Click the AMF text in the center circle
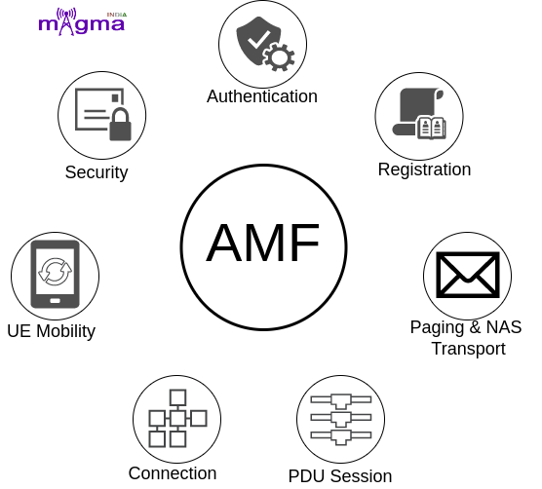pos(262,243)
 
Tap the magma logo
pos(82,21)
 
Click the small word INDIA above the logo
pos(116,15)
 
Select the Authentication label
pos(262,96)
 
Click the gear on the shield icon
pos(279,56)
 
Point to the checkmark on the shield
pos(258,39)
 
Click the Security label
pos(97,172)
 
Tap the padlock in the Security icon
pos(120,125)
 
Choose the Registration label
pos(424,169)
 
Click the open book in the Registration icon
pos(432,128)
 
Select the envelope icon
pos(468,275)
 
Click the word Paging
pos(437,327)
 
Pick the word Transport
pos(468,349)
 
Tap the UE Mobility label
pos(51,331)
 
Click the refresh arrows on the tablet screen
pos(55,272)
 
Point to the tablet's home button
pos(55,301)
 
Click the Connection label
pos(173,473)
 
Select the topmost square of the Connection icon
pos(178,397)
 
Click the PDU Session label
pos(340,476)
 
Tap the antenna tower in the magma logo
pos(66,21)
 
